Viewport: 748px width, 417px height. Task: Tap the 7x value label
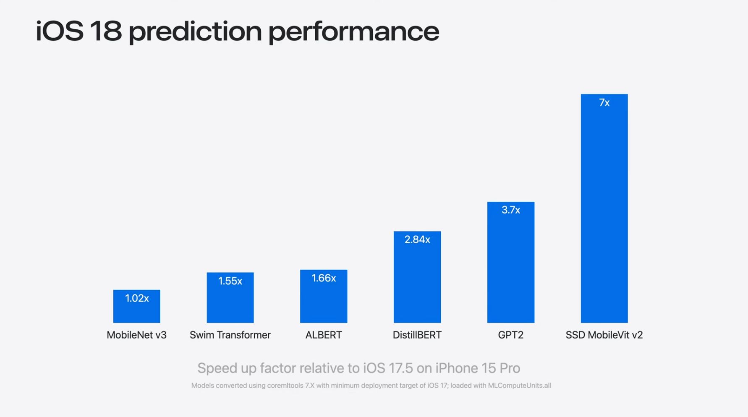[604, 103]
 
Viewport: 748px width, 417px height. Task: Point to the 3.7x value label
[510, 210]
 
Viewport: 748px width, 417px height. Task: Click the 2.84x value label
[417, 240]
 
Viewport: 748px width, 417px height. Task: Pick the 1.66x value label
[324, 278]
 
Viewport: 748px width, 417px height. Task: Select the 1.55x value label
[230, 281]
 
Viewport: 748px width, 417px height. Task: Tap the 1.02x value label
[137, 298]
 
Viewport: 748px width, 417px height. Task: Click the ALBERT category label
[324, 335]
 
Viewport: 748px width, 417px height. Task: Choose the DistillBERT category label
[417, 335]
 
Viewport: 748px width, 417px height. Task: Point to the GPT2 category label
[510, 335]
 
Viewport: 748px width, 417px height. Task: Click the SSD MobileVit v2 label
[604, 335]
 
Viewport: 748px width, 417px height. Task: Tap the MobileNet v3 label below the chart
[136, 335]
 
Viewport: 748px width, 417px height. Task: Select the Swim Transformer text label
[230, 335]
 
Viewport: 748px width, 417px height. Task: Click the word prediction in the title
[195, 32]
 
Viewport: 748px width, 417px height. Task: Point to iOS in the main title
[59, 31]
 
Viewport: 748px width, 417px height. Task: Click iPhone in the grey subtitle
[456, 368]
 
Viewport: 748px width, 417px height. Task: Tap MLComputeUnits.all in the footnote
[519, 386]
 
